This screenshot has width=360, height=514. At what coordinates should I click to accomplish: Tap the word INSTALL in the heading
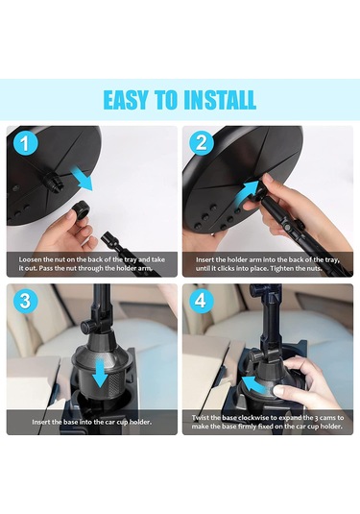(x=220, y=100)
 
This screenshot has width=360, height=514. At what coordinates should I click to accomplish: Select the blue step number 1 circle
(x=26, y=144)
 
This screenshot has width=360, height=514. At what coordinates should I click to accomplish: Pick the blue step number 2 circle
(x=202, y=142)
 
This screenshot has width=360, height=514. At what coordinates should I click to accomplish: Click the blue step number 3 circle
(x=26, y=301)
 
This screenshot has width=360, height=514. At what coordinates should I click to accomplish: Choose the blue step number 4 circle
(x=202, y=301)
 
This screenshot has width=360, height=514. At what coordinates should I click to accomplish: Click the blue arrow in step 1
(x=82, y=178)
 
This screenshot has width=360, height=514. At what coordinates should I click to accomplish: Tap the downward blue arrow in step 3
(x=100, y=373)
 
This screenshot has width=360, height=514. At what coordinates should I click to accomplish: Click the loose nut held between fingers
(x=81, y=208)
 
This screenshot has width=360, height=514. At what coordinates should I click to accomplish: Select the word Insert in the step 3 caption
(x=41, y=422)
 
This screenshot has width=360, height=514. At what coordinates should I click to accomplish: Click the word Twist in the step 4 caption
(x=200, y=418)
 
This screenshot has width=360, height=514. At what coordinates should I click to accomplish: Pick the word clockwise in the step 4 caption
(x=253, y=418)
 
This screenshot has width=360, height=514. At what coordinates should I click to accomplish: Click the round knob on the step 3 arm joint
(x=87, y=327)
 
